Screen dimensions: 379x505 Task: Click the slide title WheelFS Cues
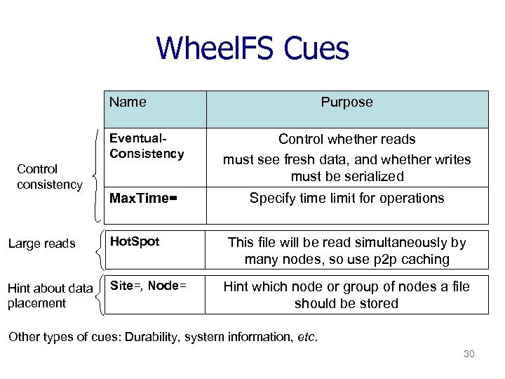pos(252,48)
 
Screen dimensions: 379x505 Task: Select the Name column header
pos(128,102)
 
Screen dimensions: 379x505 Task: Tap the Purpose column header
pos(346,102)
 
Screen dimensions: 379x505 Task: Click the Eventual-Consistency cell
pos(146,146)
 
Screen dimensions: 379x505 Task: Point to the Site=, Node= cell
pos(147,286)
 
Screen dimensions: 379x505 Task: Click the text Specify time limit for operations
pos(346,198)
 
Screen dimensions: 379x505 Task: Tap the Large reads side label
pos(41,244)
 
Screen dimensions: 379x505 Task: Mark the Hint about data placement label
pos(50,295)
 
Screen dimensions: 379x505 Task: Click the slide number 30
pos(469,354)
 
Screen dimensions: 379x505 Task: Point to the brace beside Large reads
pos(100,249)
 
